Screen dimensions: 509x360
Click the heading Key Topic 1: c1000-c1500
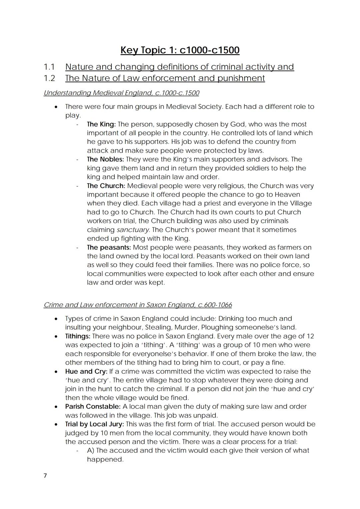[x=180, y=50]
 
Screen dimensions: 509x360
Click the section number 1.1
[x=49, y=67]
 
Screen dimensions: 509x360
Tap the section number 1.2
[x=49, y=78]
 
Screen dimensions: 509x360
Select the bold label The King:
[x=101, y=124]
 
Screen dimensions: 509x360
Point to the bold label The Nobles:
[x=105, y=159]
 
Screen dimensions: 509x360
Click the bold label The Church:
[x=106, y=186]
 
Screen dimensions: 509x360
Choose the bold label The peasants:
[x=109, y=247]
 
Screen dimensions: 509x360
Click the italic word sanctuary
[x=133, y=230]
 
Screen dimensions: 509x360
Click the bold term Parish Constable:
[x=93, y=406]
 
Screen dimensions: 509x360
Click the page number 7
[x=45, y=476]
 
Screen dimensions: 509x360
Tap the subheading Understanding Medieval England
[x=121, y=93]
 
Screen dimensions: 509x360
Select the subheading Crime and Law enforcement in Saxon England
[x=138, y=305]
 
